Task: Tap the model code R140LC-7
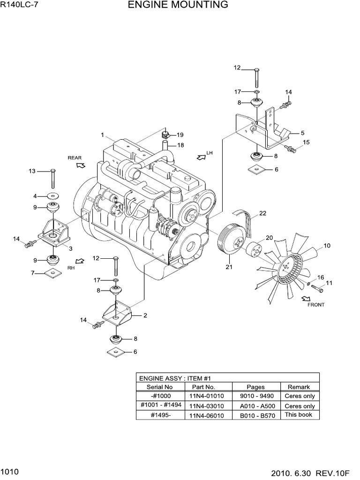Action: coord(19,6)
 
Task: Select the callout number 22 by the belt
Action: coord(262,213)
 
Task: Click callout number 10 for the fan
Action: coord(327,245)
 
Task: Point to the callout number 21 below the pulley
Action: coord(229,267)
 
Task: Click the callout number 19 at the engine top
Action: coord(180,135)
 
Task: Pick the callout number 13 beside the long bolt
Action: coord(32,171)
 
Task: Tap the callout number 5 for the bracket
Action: coord(302,133)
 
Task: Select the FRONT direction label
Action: coord(315,305)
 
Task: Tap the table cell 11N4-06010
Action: coord(207,415)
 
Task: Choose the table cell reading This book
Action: coord(298,415)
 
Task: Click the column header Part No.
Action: coord(203,387)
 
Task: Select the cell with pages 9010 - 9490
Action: coord(255,396)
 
